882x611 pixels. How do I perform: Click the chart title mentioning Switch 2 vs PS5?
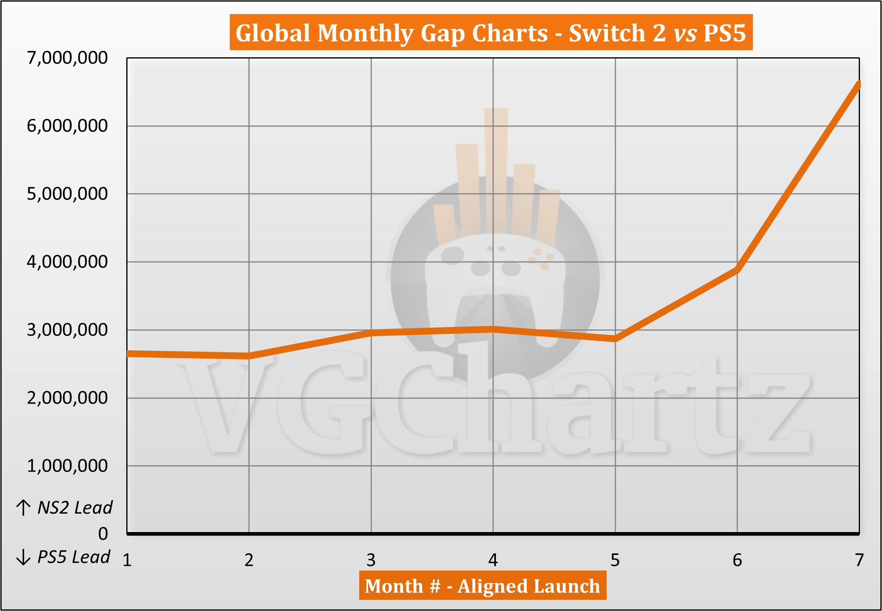(491, 32)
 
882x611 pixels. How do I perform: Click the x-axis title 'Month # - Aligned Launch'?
(482, 586)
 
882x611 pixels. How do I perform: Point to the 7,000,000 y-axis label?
(67, 58)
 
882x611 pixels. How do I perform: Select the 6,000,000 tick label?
(67, 126)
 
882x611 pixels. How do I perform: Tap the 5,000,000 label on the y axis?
(67, 194)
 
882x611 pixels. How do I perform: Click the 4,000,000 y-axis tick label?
(67, 262)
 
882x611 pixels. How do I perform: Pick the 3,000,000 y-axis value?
(67, 330)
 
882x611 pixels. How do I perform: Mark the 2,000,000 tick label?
(67, 398)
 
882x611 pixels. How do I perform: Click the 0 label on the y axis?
(103, 534)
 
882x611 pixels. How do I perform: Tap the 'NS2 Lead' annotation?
(75, 508)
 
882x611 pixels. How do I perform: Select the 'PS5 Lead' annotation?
(73, 557)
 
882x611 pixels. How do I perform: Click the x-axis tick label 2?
(249, 560)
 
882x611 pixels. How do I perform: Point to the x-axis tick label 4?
(493, 560)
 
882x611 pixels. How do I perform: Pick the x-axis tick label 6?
(737, 560)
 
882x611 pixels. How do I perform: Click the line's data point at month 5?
(615, 339)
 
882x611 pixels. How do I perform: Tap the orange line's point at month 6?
(737, 270)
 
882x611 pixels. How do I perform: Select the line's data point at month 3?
(371, 333)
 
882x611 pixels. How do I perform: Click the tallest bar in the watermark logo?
(496, 168)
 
